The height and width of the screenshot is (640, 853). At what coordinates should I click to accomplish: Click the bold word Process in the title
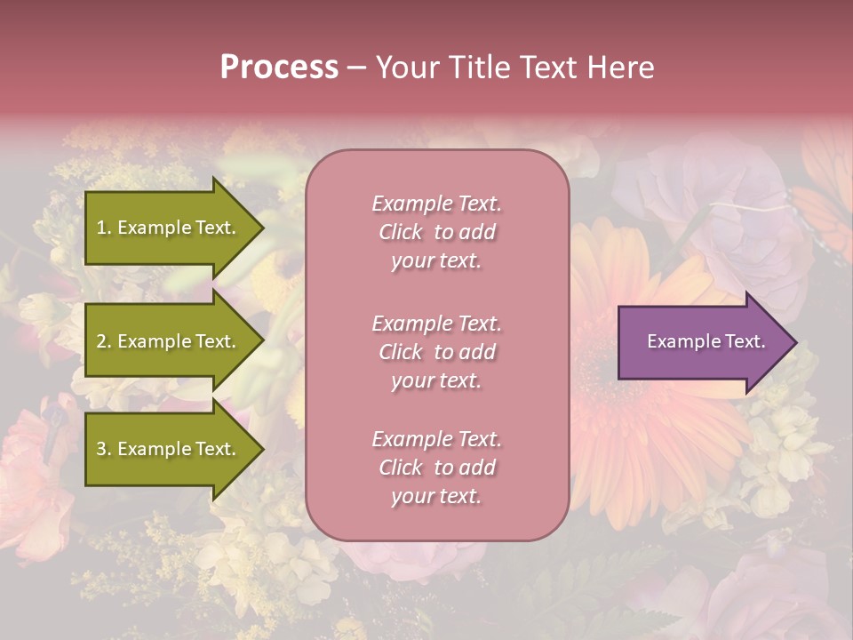(x=279, y=68)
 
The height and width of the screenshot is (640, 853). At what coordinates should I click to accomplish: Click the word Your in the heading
(x=405, y=68)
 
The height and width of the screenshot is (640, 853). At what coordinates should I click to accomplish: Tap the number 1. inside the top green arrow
(x=104, y=228)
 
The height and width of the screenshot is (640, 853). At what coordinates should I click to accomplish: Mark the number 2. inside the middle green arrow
(x=104, y=341)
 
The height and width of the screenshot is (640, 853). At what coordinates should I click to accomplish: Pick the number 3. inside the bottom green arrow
(x=104, y=449)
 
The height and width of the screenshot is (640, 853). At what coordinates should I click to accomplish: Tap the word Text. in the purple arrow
(x=743, y=341)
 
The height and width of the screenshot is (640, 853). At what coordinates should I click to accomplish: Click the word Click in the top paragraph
(x=401, y=232)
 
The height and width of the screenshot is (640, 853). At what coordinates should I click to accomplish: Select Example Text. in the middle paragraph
(x=436, y=324)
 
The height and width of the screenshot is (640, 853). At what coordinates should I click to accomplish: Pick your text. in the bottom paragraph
(x=436, y=496)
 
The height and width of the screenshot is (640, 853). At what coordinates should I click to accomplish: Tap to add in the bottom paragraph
(x=465, y=468)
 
